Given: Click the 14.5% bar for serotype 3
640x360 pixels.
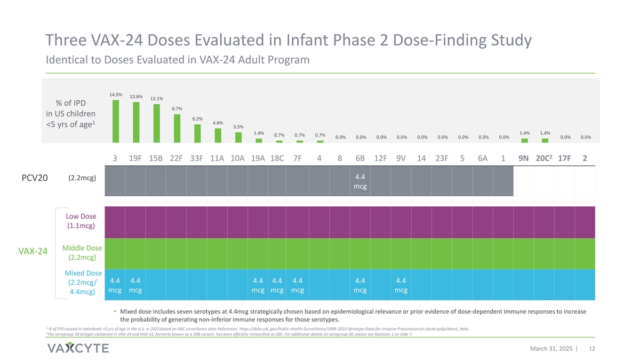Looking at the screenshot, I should pyautogui.click(x=115, y=122).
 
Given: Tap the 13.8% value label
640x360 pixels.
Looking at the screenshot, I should pyautogui.click(x=136, y=97).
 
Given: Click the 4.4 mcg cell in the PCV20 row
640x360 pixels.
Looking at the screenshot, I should pyautogui.click(x=360, y=181).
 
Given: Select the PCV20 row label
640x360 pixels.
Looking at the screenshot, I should pyautogui.click(x=35, y=178).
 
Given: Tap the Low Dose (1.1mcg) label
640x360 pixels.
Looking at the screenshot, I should pyautogui.click(x=81, y=221).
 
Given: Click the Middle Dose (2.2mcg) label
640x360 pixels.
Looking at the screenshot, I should pyautogui.click(x=82, y=253).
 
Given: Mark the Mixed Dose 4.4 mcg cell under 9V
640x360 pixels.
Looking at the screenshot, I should pyautogui.click(x=401, y=285).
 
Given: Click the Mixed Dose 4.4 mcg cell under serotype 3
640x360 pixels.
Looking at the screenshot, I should pyautogui.click(x=115, y=285).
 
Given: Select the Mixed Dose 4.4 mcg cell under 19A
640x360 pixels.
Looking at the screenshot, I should pyautogui.click(x=258, y=285).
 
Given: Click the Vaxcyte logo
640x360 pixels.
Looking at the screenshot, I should pyautogui.click(x=78, y=348).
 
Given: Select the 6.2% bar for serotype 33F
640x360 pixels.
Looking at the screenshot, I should pyautogui.click(x=197, y=133).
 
